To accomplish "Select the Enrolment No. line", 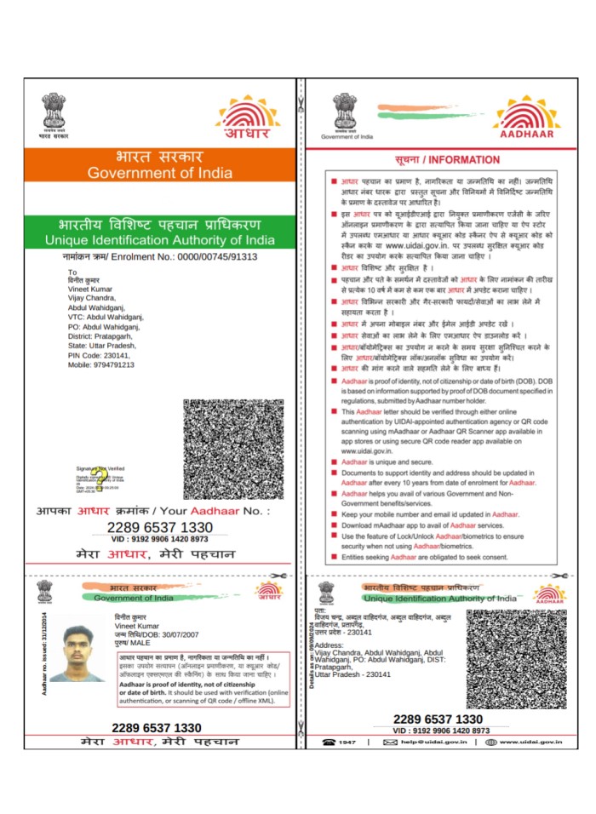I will [159, 256].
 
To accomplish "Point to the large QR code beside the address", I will [232, 449].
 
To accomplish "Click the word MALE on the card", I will [137, 645].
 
